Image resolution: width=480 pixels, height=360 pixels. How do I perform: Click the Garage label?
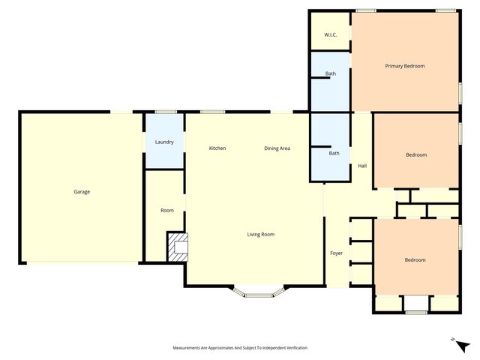(82, 192)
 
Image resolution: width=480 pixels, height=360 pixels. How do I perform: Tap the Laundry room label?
(164, 142)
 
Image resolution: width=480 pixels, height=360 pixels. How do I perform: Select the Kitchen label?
(217, 148)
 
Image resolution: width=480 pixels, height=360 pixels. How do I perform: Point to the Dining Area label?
(277, 148)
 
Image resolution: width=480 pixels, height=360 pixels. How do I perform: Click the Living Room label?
(261, 235)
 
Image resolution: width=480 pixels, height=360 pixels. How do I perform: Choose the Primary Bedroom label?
(405, 66)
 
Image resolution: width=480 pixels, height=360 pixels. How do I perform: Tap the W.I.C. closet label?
(330, 35)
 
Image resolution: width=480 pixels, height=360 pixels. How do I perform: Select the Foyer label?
(337, 253)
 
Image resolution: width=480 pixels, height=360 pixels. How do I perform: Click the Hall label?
(362, 166)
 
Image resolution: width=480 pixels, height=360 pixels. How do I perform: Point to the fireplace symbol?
(178, 247)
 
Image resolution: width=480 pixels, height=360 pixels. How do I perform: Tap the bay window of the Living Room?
(259, 293)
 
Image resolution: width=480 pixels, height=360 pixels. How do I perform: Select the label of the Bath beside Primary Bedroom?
(330, 73)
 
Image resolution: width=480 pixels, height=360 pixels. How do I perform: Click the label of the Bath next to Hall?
(334, 154)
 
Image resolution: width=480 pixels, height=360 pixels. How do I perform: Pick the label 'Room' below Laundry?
(167, 210)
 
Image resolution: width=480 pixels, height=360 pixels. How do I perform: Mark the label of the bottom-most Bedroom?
(415, 260)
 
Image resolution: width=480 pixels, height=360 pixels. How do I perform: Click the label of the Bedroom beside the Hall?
(416, 154)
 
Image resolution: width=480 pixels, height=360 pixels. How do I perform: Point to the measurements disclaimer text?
(240, 348)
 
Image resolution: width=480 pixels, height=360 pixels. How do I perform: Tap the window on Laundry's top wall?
(164, 112)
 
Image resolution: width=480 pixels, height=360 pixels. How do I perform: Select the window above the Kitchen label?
(212, 112)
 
